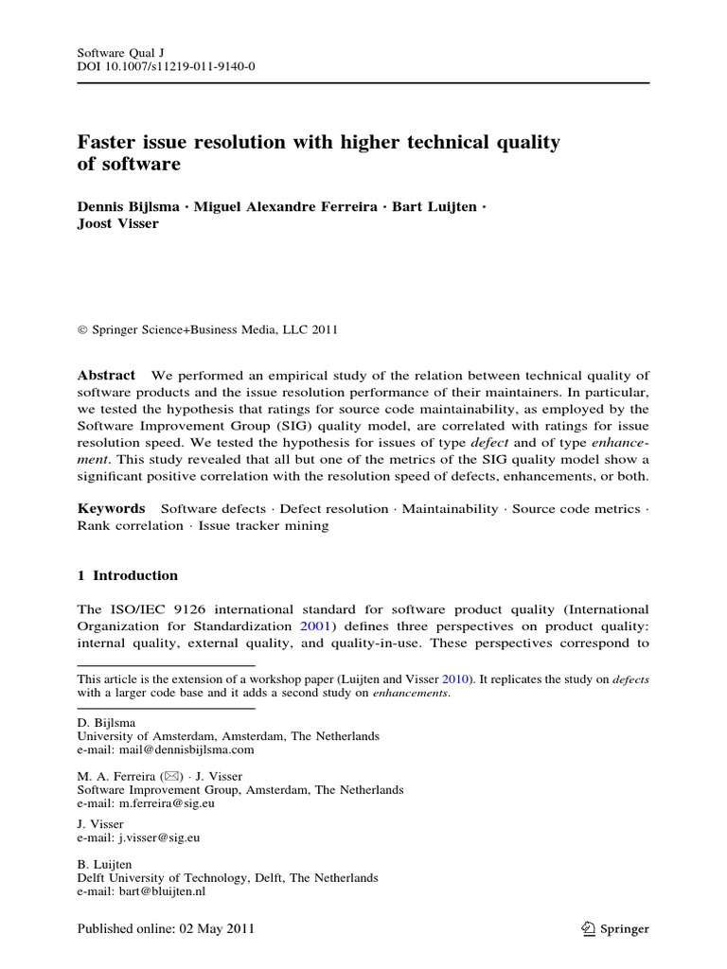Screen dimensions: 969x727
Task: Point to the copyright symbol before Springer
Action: pos(81,330)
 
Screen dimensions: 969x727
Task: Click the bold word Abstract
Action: pos(106,376)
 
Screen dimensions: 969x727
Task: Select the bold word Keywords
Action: pos(111,508)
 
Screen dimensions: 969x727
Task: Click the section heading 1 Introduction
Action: pos(127,575)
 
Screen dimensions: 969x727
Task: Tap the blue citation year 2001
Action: pos(314,625)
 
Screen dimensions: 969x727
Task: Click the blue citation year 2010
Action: pos(476,678)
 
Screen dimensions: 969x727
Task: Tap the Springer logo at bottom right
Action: pos(615,929)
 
